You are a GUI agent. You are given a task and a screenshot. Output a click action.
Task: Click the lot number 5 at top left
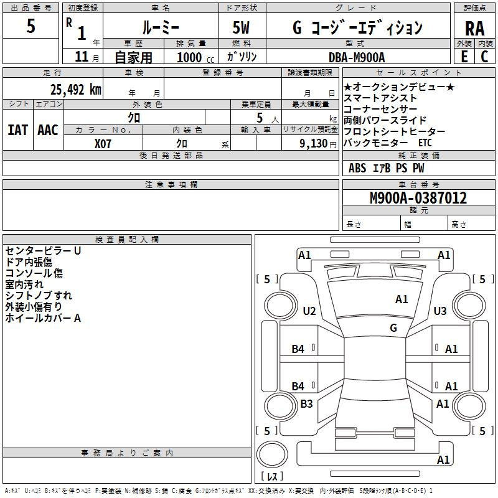point(31,26)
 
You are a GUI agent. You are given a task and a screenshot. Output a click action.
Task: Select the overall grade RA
point(474,29)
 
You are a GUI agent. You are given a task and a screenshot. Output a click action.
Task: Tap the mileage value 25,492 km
point(76,90)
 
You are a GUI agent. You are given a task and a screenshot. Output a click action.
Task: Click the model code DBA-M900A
point(357,57)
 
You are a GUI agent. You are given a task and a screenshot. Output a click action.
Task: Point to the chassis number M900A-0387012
point(418,198)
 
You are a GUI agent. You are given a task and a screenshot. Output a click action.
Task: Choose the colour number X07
point(103,144)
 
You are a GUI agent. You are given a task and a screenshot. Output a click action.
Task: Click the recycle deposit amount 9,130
point(314,144)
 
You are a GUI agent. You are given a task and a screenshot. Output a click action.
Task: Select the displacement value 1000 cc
point(195,57)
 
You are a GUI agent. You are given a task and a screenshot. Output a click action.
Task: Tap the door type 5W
point(241,27)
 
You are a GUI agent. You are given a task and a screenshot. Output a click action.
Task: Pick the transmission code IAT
point(17,130)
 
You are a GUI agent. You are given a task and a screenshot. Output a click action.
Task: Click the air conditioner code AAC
point(48,130)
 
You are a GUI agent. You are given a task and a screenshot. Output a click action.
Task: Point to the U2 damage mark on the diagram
point(309,311)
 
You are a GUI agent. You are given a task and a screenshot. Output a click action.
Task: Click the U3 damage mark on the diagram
point(440,311)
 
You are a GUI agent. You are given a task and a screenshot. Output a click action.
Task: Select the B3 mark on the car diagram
point(306,403)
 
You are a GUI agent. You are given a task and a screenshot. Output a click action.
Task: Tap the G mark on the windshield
point(393,327)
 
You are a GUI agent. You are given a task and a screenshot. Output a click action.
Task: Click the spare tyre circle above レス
point(272,454)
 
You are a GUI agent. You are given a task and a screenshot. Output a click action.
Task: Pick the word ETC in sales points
point(425,143)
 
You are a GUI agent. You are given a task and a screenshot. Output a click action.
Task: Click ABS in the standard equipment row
point(357,168)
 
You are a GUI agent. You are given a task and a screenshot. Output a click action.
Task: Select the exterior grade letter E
point(464,57)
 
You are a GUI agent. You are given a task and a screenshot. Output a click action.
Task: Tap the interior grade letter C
point(484,57)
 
